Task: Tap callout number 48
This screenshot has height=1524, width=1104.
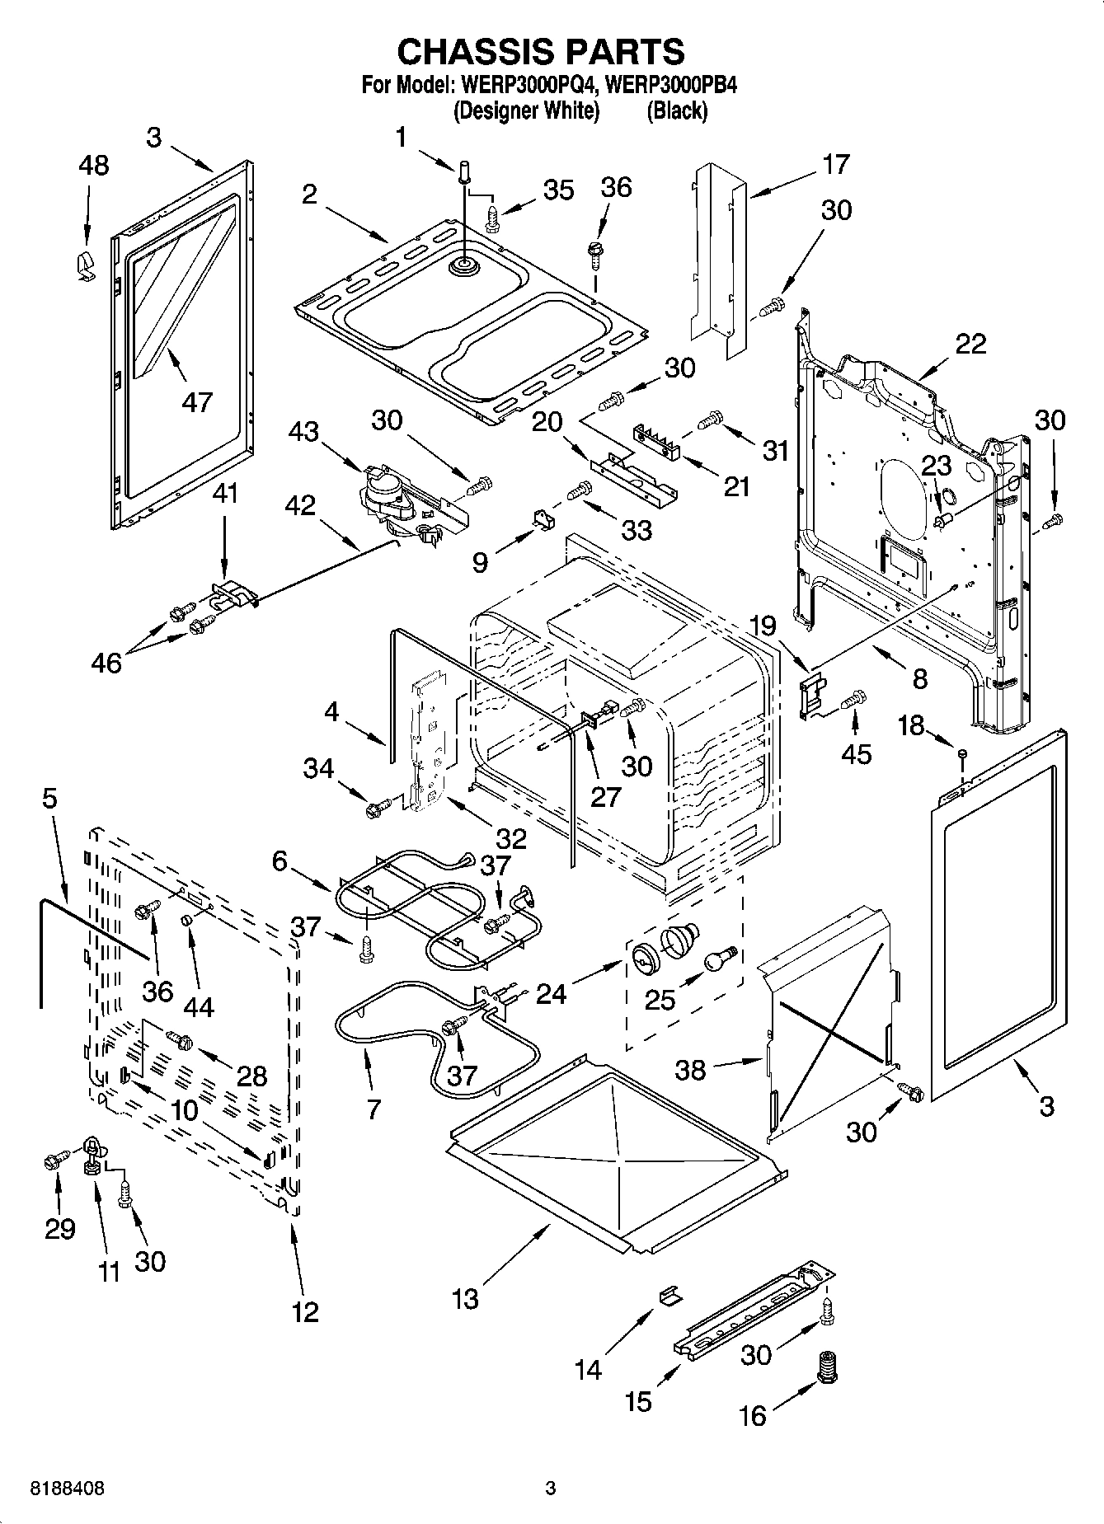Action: click(93, 165)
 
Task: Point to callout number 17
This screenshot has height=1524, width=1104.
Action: click(835, 164)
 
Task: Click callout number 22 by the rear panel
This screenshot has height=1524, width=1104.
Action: click(970, 344)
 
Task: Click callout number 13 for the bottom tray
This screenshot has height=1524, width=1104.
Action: click(465, 1299)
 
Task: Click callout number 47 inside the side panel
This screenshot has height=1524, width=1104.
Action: click(197, 401)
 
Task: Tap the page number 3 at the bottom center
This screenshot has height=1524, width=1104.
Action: click(551, 1489)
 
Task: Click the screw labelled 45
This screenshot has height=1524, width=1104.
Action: click(853, 700)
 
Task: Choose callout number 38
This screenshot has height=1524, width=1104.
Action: click(690, 1069)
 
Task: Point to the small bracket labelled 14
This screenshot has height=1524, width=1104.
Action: click(670, 1297)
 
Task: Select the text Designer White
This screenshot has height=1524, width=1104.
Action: click(526, 111)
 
